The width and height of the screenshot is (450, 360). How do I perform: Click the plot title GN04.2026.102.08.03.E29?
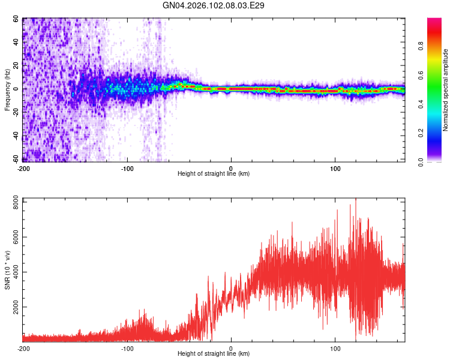(214, 5)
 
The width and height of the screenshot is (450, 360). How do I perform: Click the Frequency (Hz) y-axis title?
(7, 90)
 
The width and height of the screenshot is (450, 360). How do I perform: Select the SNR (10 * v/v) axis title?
(7, 269)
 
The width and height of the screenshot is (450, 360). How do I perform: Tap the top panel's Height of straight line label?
(214, 173)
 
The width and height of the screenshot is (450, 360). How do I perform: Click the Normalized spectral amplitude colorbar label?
(445, 91)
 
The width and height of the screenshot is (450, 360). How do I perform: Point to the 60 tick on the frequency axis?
(16, 19)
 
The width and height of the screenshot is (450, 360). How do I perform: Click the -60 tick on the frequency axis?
(14, 160)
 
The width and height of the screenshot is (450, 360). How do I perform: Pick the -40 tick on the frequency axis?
(14, 136)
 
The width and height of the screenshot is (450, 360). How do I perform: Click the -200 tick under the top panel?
(23, 168)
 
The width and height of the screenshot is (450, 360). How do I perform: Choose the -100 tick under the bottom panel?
(127, 348)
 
